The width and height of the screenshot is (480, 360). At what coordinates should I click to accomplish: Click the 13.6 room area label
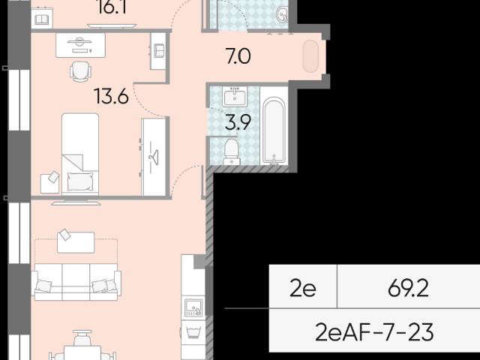pos(112,96)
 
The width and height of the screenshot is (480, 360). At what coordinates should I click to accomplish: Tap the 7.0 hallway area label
pos(238,56)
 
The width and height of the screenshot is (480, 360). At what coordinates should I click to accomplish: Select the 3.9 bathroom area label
pos(238,122)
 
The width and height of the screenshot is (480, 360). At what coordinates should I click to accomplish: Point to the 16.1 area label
pos(112,7)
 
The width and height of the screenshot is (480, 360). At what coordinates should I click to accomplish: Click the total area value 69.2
pos(408,288)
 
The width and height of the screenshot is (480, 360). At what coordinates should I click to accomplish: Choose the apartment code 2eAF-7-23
pos(374,332)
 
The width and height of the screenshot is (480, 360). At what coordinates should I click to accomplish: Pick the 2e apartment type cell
pos(303,289)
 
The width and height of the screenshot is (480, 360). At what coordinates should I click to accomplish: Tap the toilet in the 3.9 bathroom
pos(232,151)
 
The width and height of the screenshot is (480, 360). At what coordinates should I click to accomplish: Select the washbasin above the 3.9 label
pos(235,97)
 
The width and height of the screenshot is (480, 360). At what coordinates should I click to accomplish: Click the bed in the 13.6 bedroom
pos(80,154)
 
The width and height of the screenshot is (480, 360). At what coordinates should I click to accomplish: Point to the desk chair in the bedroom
pos(80,72)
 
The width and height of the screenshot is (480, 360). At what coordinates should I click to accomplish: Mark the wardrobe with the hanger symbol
pos(154,157)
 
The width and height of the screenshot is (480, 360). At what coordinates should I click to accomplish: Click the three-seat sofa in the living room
pos(76,282)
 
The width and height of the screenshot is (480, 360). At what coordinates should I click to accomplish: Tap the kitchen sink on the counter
pos(193,307)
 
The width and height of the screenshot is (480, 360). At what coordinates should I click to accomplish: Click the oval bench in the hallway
pos(310,56)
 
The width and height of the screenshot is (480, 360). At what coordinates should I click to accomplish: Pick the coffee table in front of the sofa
pos(76,242)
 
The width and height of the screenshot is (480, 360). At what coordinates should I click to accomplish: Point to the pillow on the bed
pos(80,181)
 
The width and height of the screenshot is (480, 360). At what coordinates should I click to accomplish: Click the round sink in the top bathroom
pos(282,14)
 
